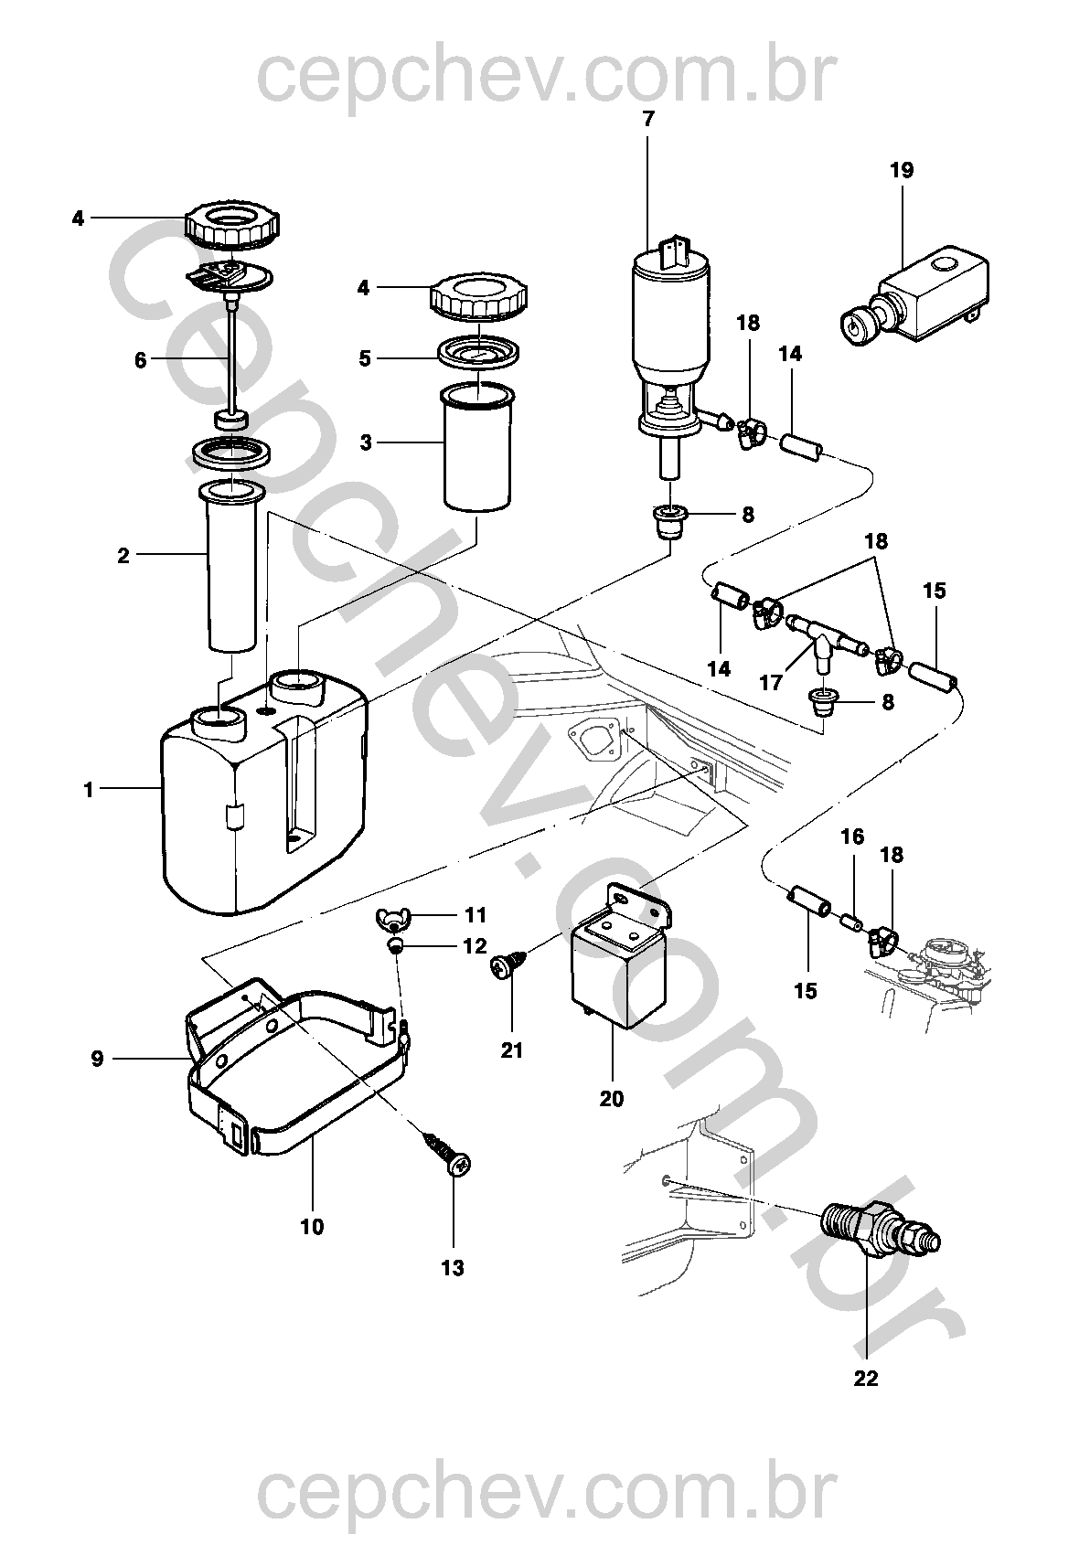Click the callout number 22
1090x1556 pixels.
click(865, 1378)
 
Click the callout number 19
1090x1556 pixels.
click(901, 170)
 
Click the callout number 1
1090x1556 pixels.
click(89, 790)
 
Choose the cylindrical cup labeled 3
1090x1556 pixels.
click(476, 448)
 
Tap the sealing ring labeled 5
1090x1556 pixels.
click(479, 353)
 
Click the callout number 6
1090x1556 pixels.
click(140, 360)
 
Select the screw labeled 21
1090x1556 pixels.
click(506, 966)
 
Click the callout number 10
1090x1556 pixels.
click(312, 1227)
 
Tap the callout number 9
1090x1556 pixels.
click(97, 1060)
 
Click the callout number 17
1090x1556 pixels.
click(771, 682)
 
